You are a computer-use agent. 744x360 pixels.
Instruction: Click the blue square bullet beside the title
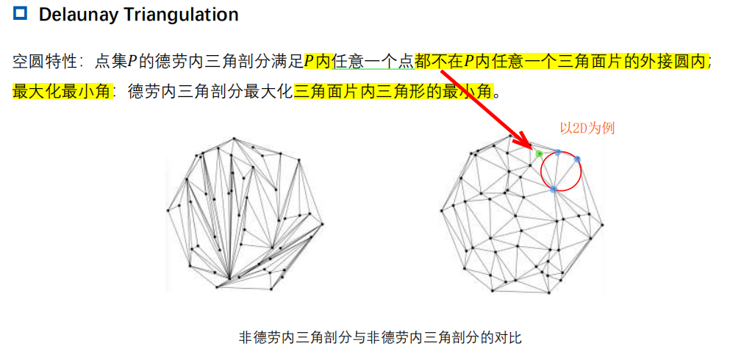click(20, 13)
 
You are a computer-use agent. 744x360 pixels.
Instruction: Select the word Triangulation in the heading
click(182, 14)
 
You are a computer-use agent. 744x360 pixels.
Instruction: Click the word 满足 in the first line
click(288, 62)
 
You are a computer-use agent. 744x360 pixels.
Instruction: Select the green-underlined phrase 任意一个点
click(373, 62)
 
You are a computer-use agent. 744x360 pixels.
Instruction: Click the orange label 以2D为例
click(587, 128)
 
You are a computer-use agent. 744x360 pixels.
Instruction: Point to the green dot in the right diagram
click(539, 154)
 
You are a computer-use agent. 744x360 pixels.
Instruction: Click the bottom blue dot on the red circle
click(553, 190)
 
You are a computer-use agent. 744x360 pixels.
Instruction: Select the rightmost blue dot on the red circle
click(577, 159)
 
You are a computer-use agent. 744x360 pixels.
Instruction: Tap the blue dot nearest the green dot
click(558, 153)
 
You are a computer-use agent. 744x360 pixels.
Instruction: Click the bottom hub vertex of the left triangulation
click(229, 278)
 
